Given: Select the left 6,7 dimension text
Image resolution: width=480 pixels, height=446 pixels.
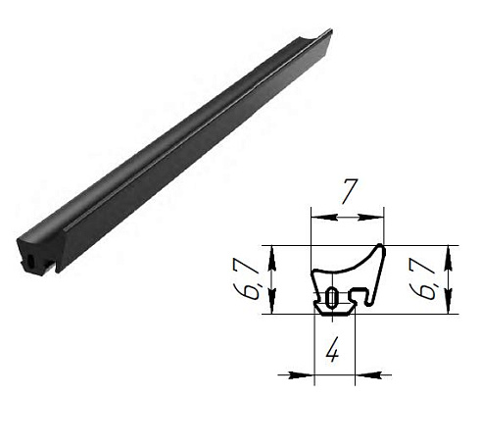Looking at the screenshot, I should click(252, 279).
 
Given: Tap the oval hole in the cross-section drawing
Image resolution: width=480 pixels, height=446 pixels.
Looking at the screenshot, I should click(333, 297).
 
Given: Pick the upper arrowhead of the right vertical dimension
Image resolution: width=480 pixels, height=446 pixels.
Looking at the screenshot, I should click(450, 250).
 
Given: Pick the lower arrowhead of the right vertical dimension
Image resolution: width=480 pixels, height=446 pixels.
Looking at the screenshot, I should click(450, 308).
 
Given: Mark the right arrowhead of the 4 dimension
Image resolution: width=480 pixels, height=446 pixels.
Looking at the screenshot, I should click(357, 372).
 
